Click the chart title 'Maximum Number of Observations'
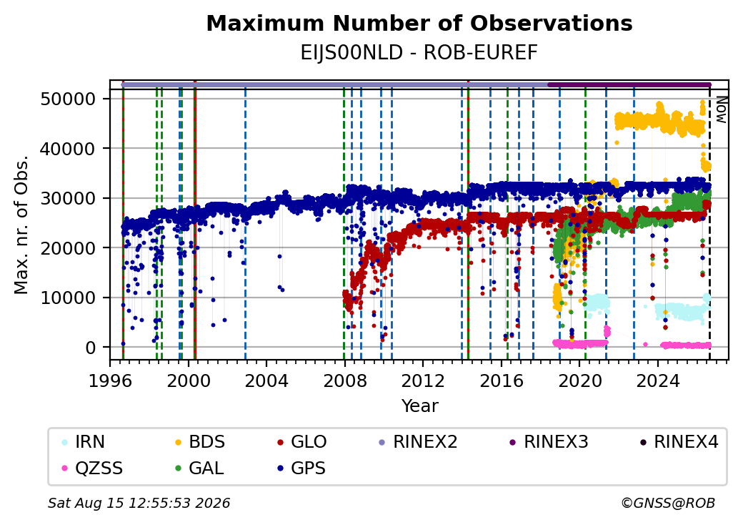coord(419,24)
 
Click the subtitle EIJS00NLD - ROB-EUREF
coord(419,53)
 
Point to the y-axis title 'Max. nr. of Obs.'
coord(21,225)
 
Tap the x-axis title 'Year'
coord(420,406)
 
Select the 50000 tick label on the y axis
coord(69,99)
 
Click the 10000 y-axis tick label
coord(69,298)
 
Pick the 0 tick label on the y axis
coord(91,348)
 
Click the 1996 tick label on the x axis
coord(111,381)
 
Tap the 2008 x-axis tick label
coord(345,381)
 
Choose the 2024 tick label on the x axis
coord(658,381)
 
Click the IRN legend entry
coord(84,442)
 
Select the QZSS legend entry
coord(92,468)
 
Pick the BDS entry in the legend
coord(200,442)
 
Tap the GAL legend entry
coord(199,468)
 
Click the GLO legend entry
coord(301,442)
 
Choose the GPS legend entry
coord(301,468)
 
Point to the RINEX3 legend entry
coord(548,442)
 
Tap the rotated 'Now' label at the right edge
coord(722,110)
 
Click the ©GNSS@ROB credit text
coord(668,503)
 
